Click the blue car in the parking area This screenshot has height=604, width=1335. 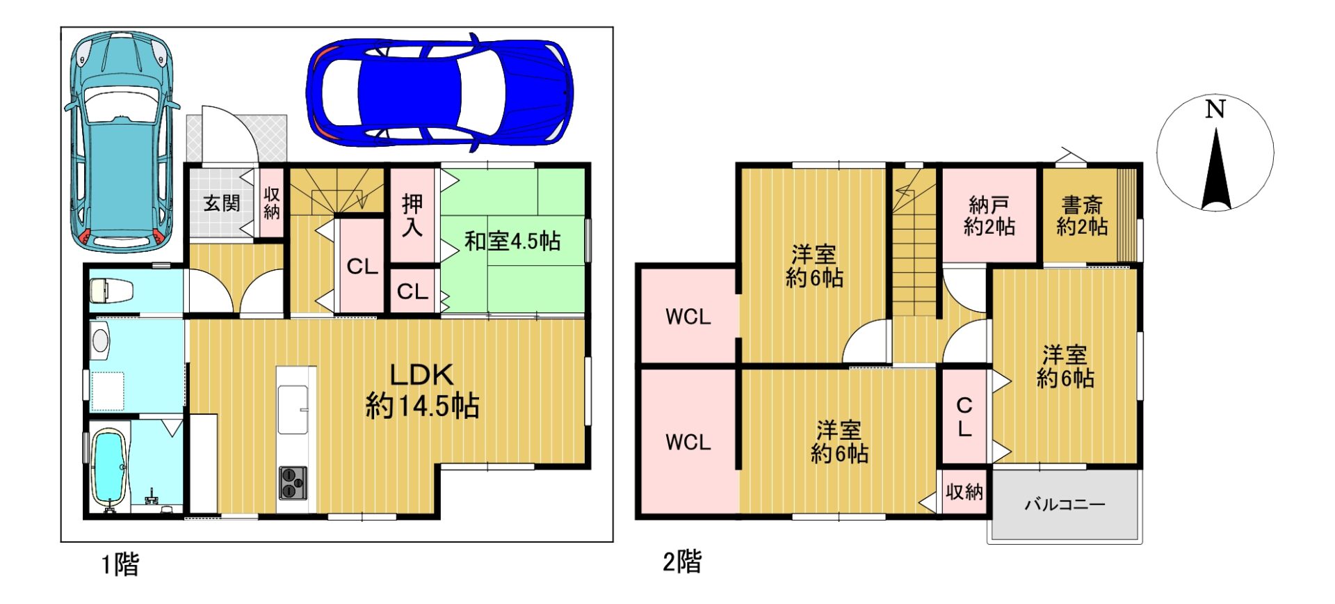click(x=439, y=92)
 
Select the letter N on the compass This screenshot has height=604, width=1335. click(x=1215, y=109)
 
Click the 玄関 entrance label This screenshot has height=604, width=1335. click(x=222, y=203)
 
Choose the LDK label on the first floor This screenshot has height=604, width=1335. click(x=421, y=375)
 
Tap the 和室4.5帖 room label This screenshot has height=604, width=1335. click(x=512, y=241)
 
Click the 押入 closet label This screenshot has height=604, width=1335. click(x=412, y=215)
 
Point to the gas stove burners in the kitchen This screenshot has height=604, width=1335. click(x=293, y=483)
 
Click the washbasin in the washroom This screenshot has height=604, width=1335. click(x=101, y=340)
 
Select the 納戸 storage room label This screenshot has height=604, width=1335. click(x=989, y=205)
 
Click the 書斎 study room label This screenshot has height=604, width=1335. click(x=1082, y=205)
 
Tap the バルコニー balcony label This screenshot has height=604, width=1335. click(x=1065, y=504)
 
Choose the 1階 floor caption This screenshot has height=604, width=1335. click(x=120, y=564)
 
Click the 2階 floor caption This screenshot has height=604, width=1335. click(x=682, y=561)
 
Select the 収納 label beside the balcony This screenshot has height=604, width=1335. click(x=964, y=492)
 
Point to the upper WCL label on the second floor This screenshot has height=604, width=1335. click(x=688, y=317)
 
